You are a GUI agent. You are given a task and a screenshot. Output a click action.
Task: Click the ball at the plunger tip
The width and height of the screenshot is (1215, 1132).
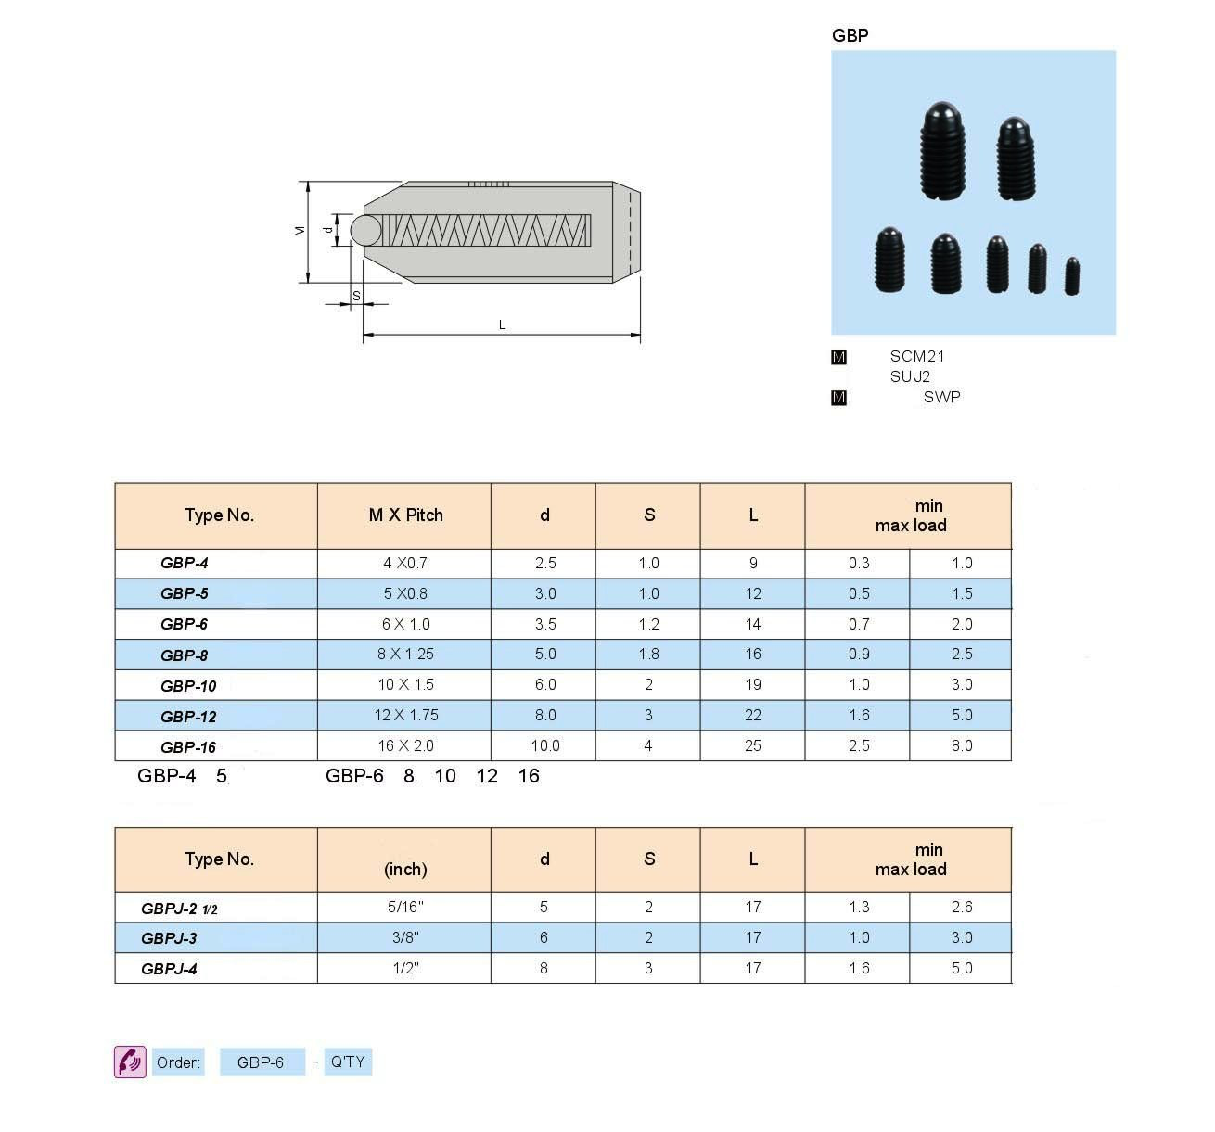pos(364,230)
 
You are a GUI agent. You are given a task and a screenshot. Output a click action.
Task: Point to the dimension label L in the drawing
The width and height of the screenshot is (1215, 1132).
pos(502,324)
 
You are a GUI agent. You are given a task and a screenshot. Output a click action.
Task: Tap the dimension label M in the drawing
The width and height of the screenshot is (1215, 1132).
pos(300,231)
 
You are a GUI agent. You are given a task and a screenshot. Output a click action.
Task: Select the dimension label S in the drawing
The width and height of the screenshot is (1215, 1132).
pos(356,296)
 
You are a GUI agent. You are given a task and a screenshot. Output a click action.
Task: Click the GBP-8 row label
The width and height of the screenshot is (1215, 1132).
pos(184,655)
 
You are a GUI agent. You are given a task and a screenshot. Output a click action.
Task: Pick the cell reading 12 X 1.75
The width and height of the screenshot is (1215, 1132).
pos(405,715)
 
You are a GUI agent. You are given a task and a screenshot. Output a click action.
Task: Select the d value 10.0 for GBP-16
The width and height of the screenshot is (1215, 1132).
pos(544,745)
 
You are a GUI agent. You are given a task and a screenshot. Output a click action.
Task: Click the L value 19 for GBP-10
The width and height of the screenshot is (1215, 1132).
pos(752,684)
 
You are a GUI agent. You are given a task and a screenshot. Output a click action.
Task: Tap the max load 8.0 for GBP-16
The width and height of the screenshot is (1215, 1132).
pos(961,745)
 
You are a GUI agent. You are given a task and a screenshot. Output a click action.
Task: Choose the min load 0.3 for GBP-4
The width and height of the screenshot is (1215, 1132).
pos(858,563)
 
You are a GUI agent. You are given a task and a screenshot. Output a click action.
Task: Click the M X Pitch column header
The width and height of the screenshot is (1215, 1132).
pos(405,515)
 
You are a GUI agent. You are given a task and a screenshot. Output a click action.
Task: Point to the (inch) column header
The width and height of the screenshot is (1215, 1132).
pos(405,869)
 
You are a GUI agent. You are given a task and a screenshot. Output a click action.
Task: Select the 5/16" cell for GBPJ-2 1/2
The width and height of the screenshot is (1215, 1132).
pos(405,907)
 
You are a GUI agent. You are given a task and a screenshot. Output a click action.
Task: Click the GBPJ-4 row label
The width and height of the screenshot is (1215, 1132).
pos(169,969)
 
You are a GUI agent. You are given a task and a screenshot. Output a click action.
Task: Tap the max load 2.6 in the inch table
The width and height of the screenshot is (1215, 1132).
pos(961,907)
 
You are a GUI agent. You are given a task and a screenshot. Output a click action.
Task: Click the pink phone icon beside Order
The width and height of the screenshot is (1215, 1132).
pos(130,1062)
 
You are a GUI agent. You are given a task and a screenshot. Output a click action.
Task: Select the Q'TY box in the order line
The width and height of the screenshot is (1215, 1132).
pos(348,1062)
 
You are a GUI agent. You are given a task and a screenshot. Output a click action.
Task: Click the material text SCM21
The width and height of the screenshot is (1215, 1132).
pos(916,356)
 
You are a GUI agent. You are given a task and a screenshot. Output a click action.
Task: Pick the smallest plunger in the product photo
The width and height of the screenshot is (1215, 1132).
pos(1071,276)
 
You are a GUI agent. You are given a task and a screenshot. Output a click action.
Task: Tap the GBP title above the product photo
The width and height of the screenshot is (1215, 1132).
pos(850,35)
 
